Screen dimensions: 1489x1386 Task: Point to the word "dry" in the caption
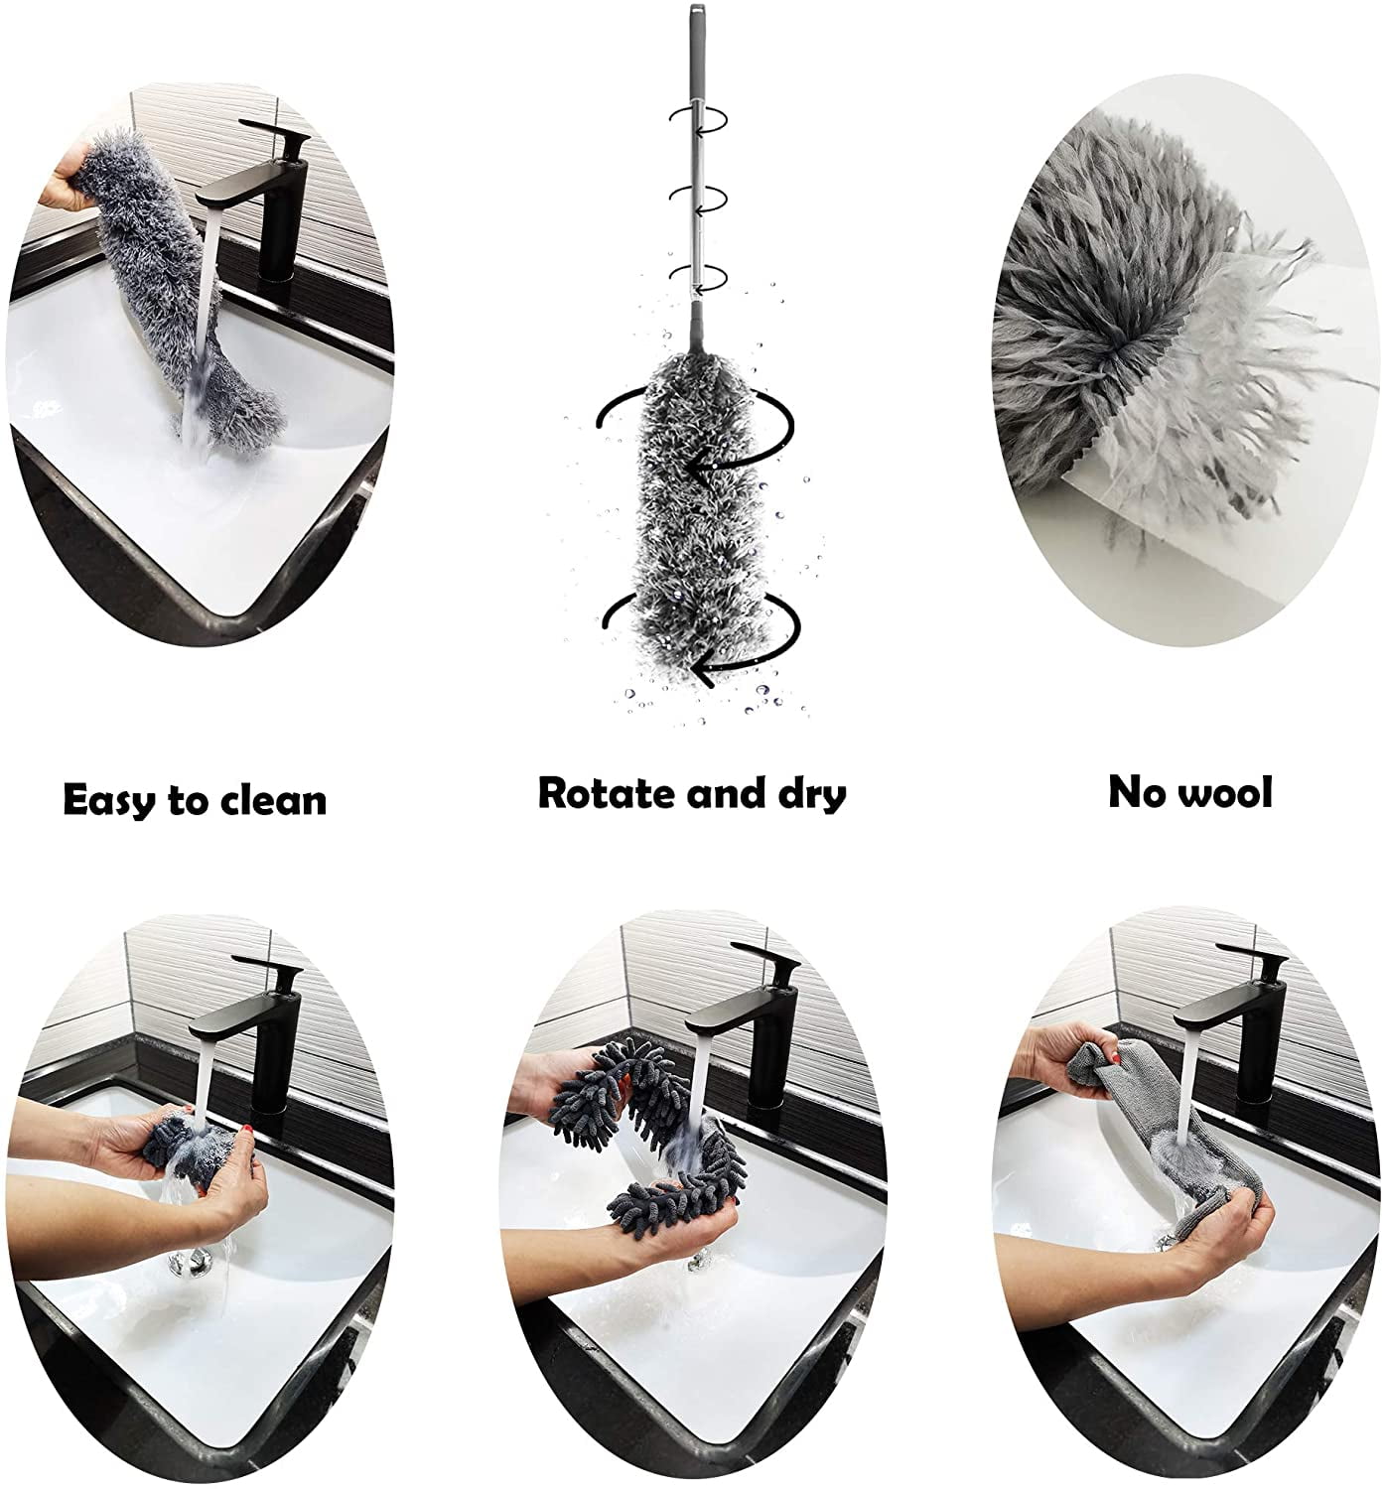click(x=805, y=794)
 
